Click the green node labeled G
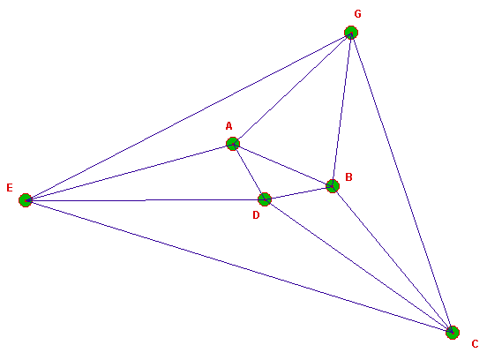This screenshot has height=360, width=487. tap(351, 33)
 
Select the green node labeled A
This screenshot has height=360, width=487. tap(233, 144)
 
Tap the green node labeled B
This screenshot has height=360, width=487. tap(333, 186)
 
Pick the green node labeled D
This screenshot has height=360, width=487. tap(265, 199)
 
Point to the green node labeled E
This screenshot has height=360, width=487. tap(26, 200)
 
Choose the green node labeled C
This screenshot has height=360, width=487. tap(453, 333)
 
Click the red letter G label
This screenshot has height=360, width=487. tap(358, 14)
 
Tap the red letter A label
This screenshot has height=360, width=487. tap(229, 126)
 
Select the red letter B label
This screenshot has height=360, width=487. tap(348, 177)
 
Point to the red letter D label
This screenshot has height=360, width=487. tap(256, 215)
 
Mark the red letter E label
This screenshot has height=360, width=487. tap(10, 188)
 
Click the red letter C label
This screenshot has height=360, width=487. tap(475, 344)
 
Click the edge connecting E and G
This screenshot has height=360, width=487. tap(188, 116)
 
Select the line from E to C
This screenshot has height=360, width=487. tap(239, 266)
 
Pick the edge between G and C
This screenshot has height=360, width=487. tap(401, 183)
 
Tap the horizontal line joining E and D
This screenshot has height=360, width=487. tap(145, 200)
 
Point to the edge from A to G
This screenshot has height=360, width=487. tap(292, 88)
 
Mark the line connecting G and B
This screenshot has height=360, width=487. tap(341, 109)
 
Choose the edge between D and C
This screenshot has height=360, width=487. tap(358, 266)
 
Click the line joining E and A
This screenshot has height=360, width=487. tap(129, 172)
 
